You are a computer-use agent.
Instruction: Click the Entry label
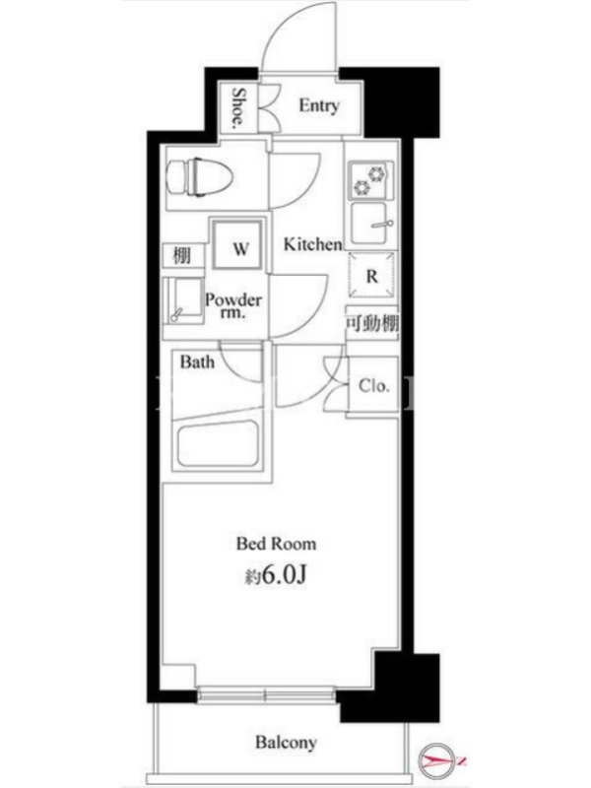318,105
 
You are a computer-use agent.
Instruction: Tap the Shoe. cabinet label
239,109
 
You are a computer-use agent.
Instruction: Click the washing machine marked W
237,245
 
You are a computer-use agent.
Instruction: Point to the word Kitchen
312,244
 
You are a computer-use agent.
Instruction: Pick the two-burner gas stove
371,180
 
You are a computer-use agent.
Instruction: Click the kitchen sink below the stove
371,224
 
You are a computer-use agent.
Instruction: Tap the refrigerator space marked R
372,276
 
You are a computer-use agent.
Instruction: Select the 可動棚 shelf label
372,323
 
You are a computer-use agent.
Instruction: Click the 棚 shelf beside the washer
183,256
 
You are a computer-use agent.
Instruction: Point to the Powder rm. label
233,306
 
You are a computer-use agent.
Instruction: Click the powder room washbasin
183,300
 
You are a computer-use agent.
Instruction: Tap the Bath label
197,361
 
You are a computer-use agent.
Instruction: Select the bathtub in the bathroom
219,443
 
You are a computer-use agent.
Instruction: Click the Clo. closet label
374,386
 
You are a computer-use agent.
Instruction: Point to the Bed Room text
277,544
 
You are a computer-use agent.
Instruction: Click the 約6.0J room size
276,575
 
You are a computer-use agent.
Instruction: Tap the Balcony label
286,742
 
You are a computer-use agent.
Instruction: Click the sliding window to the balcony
266,696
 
